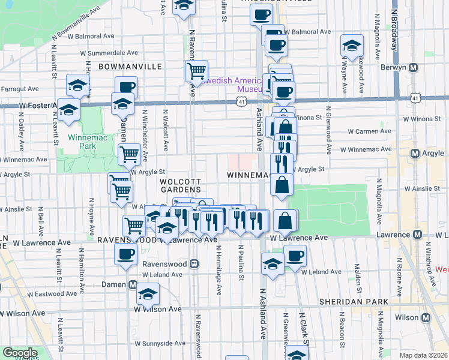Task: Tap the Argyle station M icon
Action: pyautogui.click(x=414, y=154)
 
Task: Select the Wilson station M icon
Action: pyautogui.click(x=426, y=317)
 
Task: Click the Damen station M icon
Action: pyautogui.click(x=133, y=284)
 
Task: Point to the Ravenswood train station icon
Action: pyautogui.click(x=194, y=263)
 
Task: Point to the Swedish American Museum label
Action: pyautogui.click(x=234, y=85)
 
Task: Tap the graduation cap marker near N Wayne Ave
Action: pyautogui.click(x=351, y=44)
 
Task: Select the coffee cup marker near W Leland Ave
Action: pyautogui.click(x=294, y=256)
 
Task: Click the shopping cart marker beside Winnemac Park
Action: pyautogui.click(x=129, y=154)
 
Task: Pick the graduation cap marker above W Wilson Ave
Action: pyautogui.click(x=147, y=294)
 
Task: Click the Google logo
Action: pyautogui.click(x=20, y=353)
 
